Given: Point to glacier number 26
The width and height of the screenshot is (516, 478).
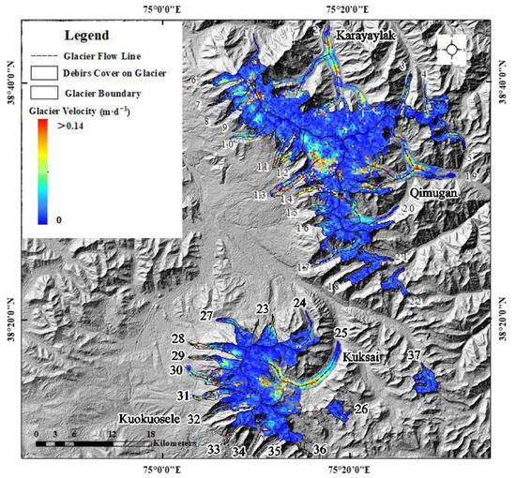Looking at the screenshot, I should point(361,410).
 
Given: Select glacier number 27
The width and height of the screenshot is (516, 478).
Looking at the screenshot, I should point(206,316).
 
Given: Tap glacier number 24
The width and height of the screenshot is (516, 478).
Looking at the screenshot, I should point(299,303).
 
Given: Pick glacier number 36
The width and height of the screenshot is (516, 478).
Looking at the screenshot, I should point(319,450).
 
